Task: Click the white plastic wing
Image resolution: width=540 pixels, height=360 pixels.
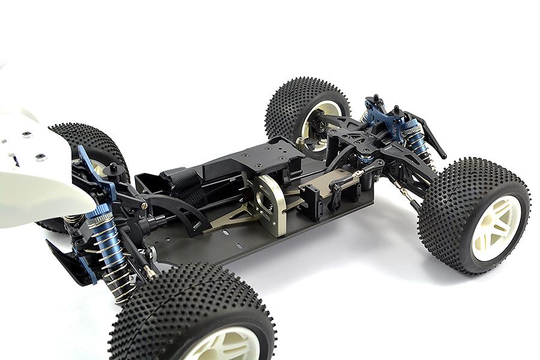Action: point(36,174)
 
